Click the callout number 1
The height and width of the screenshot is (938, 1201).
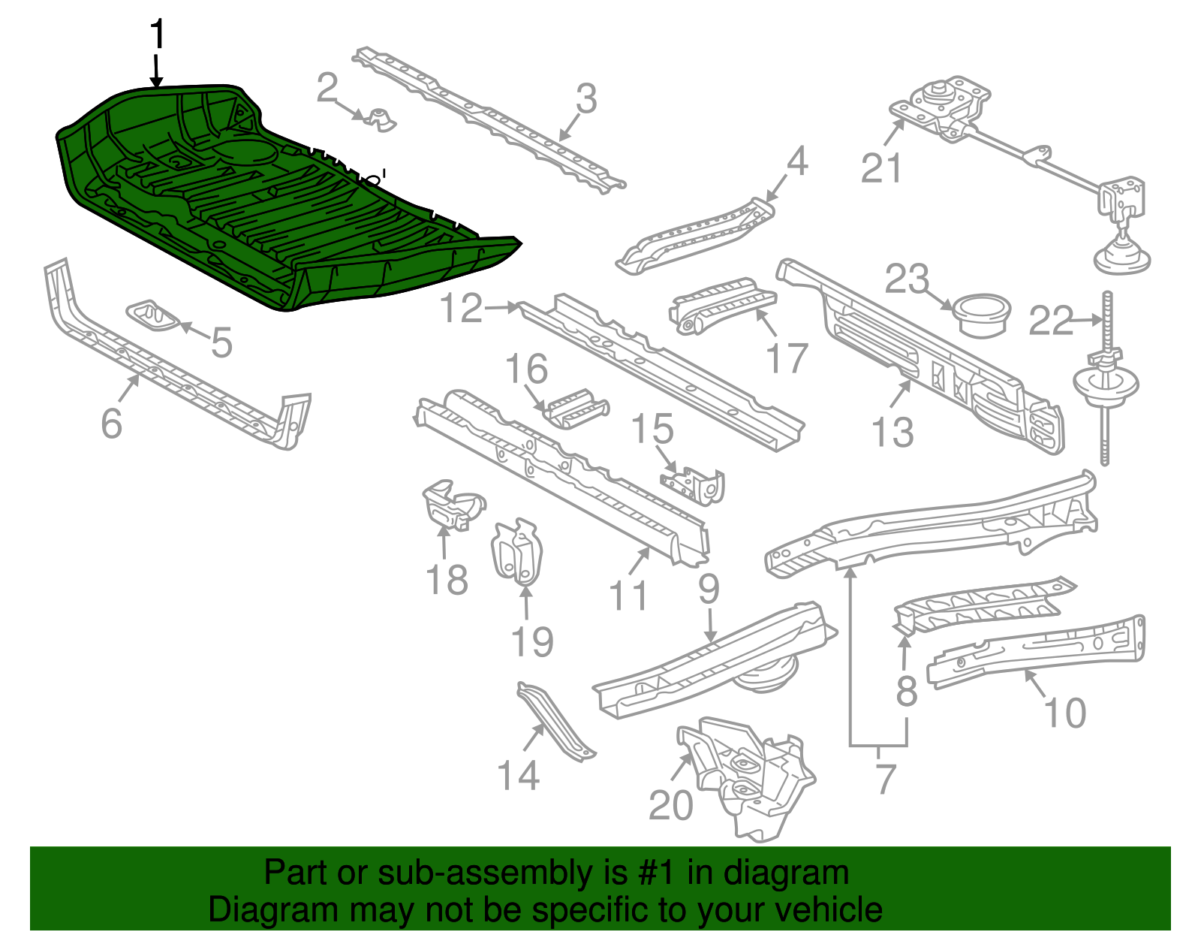pyautogui.click(x=157, y=35)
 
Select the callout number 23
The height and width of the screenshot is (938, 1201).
pyautogui.click(x=907, y=279)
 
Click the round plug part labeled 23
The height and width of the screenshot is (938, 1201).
pyautogui.click(x=981, y=315)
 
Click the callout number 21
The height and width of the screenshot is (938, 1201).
pyautogui.click(x=880, y=168)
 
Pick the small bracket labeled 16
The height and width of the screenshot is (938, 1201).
pyautogui.click(x=576, y=409)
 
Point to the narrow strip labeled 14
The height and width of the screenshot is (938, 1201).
pyautogui.click(x=555, y=721)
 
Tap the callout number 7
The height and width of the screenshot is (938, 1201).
pyautogui.click(x=886, y=779)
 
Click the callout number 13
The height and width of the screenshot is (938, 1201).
pyautogui.click(x=892, y=432)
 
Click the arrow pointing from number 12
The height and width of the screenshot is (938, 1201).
pyautogui.click(x=501, y=307)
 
